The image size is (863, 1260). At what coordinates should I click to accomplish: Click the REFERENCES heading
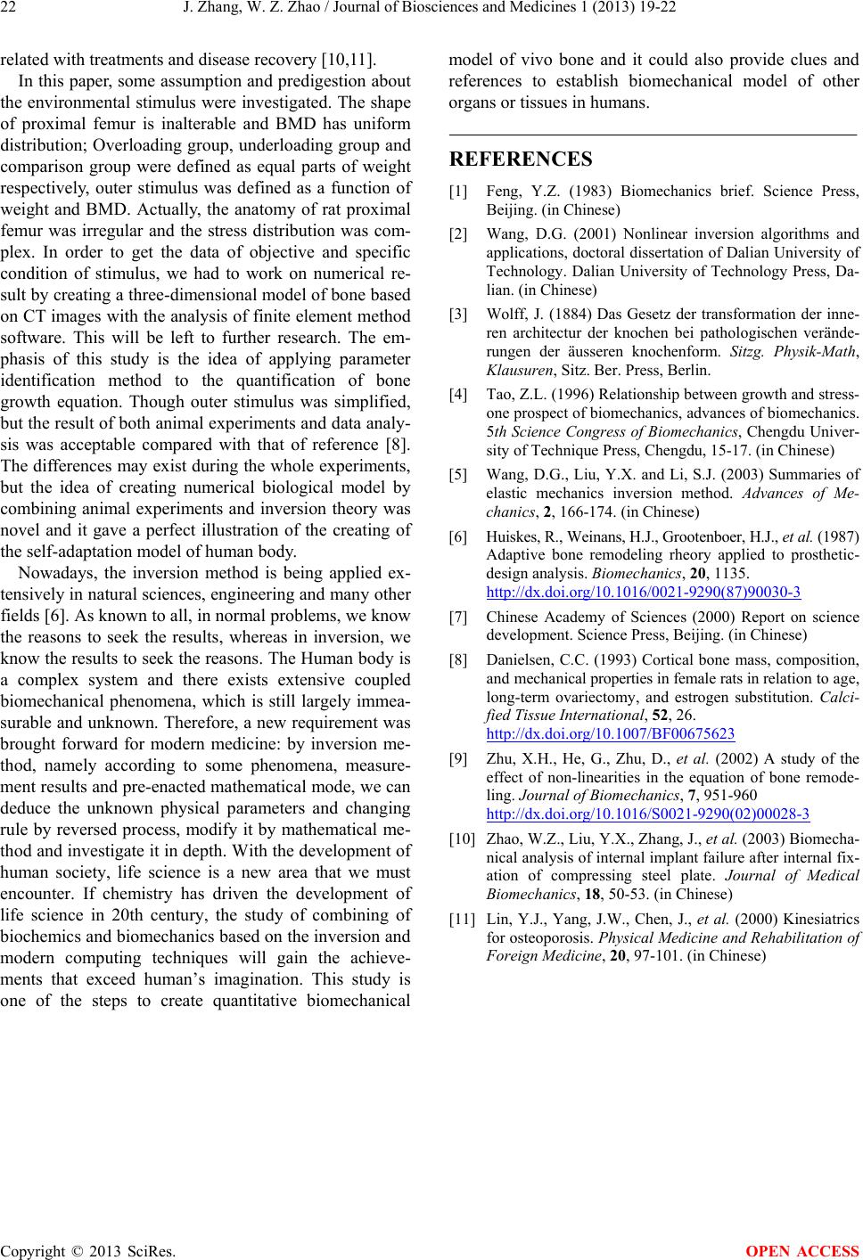(521, 160)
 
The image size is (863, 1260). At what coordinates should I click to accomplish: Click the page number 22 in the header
(12, 10)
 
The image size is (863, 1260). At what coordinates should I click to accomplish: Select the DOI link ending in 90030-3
(643, 592)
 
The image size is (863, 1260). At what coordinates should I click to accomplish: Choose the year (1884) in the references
(558, 312)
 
